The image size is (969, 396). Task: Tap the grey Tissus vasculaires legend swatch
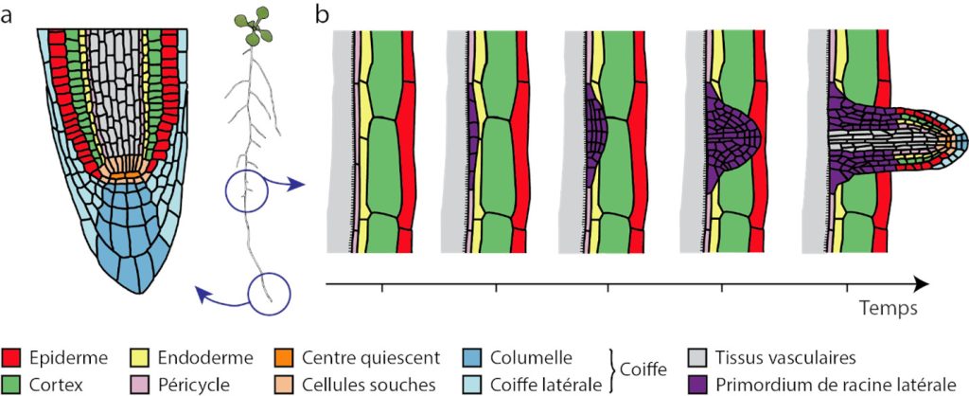[x=698, y=358]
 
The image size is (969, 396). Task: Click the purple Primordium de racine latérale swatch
[x=698, y=384]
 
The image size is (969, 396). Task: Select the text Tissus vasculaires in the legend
[x=786, y=358]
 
